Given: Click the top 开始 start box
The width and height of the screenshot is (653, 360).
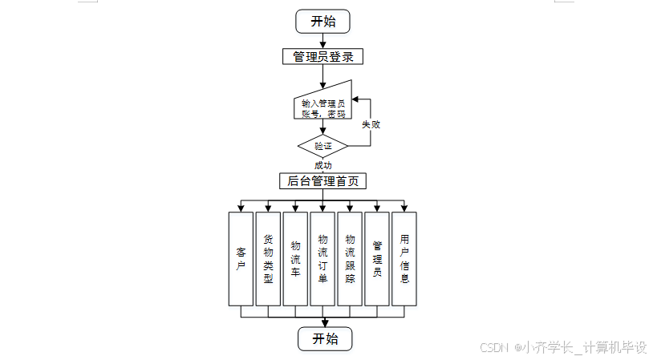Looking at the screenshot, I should pyautogui.click(x=323, y=21).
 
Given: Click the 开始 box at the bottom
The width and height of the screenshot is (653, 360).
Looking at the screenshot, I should pyautogui.click(x=325, y=338).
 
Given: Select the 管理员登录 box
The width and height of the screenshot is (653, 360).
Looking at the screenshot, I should pyautogui.click(x=323, y=56).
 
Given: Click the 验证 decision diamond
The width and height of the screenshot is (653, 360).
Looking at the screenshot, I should pyautogui.click(x=322, y=146).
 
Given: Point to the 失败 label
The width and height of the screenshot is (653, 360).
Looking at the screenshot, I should pyautogui.click(x=370, y=125).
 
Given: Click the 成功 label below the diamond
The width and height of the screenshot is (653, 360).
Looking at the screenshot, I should pyautogui.click(x=322, y=165).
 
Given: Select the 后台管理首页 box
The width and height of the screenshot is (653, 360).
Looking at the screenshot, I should pyautogui.click(x=322, y=181).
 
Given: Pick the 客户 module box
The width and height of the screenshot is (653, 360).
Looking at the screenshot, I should pyautogui.click(x=241, y=258).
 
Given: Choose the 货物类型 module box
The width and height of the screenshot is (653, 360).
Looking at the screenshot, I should pyautogui.click(x=268, y=258).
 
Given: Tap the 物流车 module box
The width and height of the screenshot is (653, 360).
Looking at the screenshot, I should pyautogui.click(x=295, y=258).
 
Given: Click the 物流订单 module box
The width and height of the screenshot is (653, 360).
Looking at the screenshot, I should pyautogui.click(x=322, y=258).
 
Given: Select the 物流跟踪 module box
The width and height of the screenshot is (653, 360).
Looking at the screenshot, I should pyautogui.click(x=350, y=258).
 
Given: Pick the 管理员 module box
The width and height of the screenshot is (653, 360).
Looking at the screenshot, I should pyautogui.click(x=377, y=258).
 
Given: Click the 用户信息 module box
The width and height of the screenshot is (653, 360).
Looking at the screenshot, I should pyautogui.click(x=404, y=258).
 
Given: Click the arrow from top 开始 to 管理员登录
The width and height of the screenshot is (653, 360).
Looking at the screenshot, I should pyautogui.click(x=323, y=41).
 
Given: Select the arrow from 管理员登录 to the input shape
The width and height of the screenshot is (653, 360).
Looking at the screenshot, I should pyautogui.click(x=323, y=75).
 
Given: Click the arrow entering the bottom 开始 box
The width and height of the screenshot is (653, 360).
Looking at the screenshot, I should pyautogui.click(x=322, y=321).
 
